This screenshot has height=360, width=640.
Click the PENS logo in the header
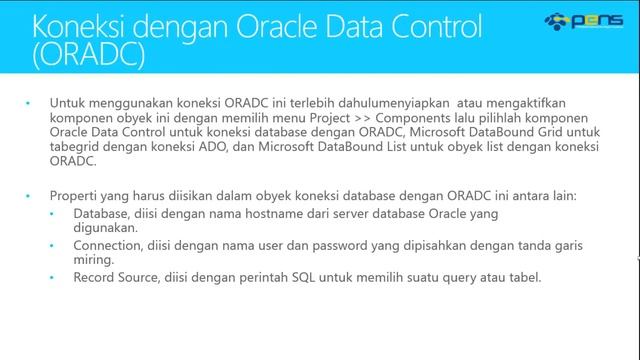tap(583, 21)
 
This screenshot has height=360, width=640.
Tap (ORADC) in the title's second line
tap(88, 55)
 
